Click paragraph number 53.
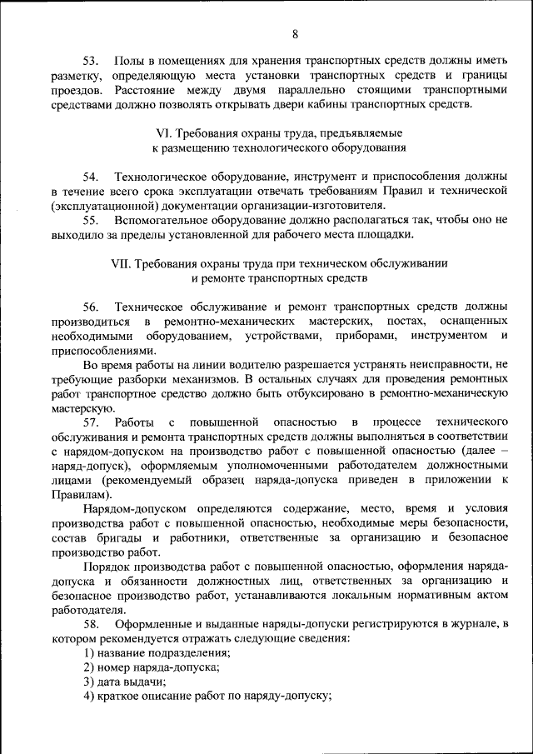coord(91,62)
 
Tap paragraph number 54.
coord(91,177)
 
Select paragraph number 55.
coord(91,220)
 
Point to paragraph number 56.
coord(91,307)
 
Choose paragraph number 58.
coord(91,624)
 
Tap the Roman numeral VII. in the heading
coord(122,262)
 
